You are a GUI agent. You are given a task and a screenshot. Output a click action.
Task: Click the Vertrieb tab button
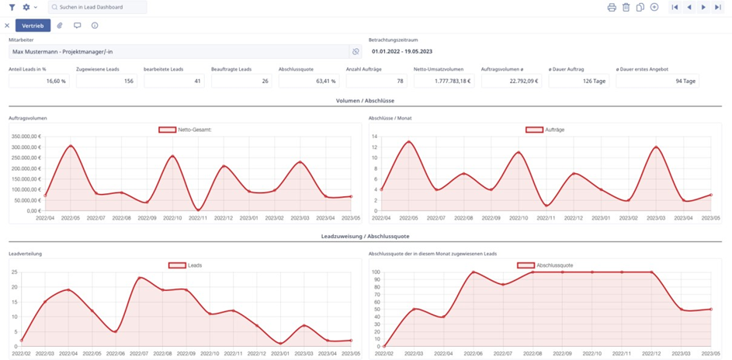33,26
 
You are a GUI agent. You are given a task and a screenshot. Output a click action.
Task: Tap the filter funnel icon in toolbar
12,7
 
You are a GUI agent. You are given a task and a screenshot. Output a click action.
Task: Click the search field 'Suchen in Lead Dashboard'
97,7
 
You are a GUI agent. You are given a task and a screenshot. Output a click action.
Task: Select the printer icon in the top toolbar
612,7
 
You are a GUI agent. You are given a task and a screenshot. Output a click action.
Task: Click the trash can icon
626,7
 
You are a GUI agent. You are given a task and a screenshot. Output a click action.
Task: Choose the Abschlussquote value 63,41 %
309,81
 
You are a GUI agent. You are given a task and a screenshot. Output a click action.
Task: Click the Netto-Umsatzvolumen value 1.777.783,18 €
444,81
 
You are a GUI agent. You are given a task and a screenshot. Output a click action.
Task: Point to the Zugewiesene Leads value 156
106,81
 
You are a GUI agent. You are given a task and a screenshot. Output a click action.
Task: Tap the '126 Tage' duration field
579,81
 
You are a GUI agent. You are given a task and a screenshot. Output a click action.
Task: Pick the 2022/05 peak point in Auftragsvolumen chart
71,146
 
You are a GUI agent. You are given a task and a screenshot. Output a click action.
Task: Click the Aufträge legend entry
543,130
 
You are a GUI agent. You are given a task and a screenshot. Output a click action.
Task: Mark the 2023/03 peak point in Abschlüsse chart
657,147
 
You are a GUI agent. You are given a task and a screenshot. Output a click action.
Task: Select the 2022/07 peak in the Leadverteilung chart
140,278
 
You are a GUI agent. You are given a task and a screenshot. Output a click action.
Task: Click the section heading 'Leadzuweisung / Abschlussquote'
365,236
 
